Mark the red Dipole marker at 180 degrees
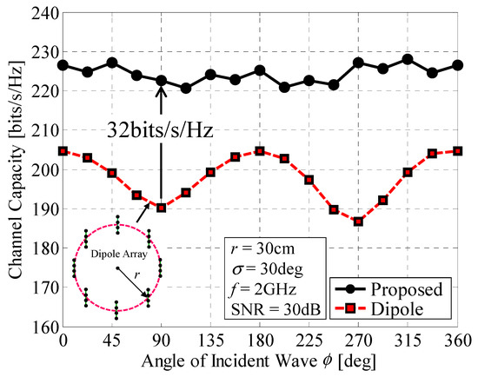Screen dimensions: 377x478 [260, 151]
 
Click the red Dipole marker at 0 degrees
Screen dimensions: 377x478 [63, 151]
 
